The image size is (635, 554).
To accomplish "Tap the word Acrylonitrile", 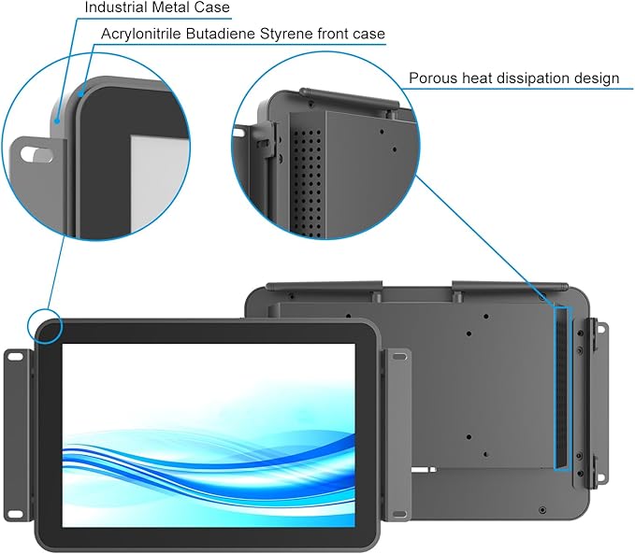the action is (140, 34).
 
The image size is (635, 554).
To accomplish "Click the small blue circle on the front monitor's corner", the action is (45, 327).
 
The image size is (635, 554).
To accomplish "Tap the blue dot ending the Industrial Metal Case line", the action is (57, 121).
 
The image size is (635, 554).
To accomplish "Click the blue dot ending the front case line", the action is (81, 95).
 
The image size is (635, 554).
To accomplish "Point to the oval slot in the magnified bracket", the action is (36, 154).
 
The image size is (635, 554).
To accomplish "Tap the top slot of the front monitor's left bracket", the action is (16, 357).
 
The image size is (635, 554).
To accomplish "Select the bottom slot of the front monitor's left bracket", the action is (16, 513).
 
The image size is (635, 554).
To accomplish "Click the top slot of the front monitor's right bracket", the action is (399, 357).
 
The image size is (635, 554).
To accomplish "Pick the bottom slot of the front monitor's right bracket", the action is (399, 514).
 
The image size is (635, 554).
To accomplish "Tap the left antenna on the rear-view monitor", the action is (324, 286).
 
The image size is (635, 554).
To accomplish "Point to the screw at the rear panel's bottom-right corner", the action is (542, 510).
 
